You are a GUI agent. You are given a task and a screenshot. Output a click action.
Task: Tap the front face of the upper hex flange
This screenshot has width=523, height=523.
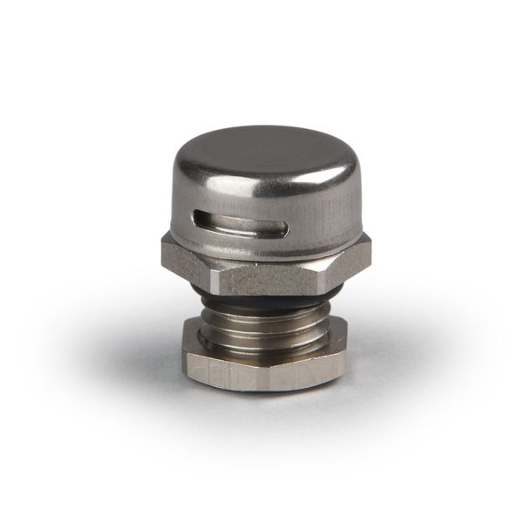(261, 266)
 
